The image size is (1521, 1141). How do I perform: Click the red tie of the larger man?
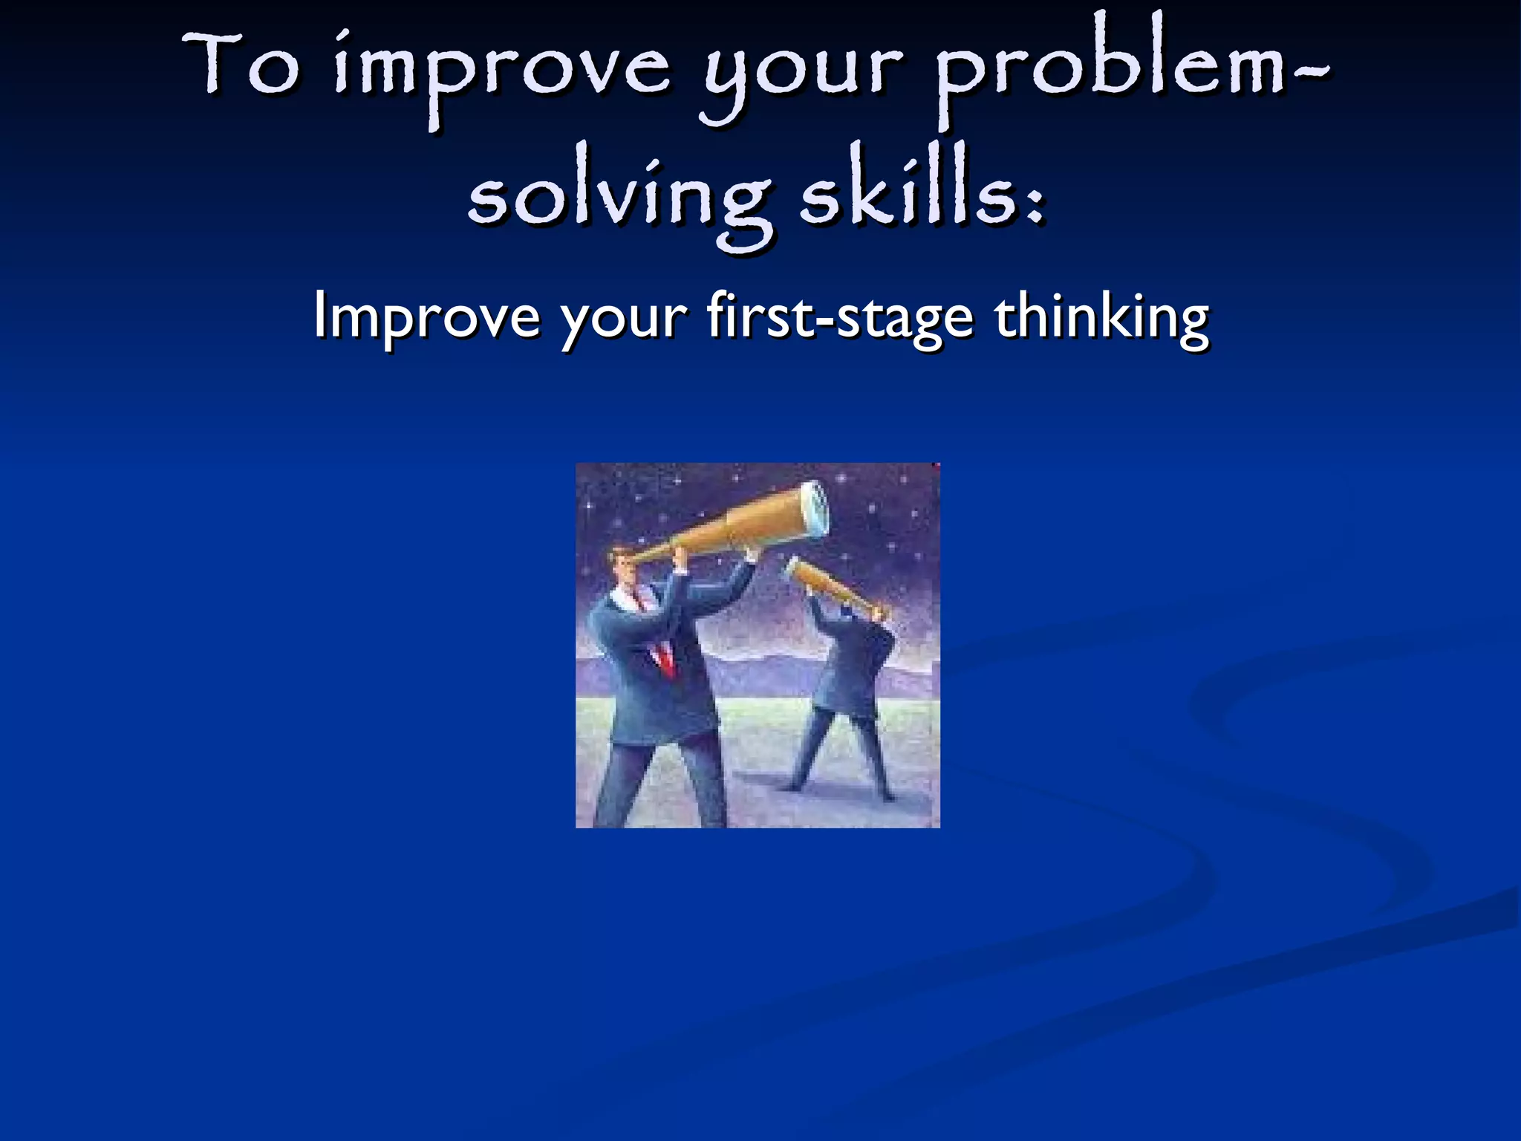(664, 657)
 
